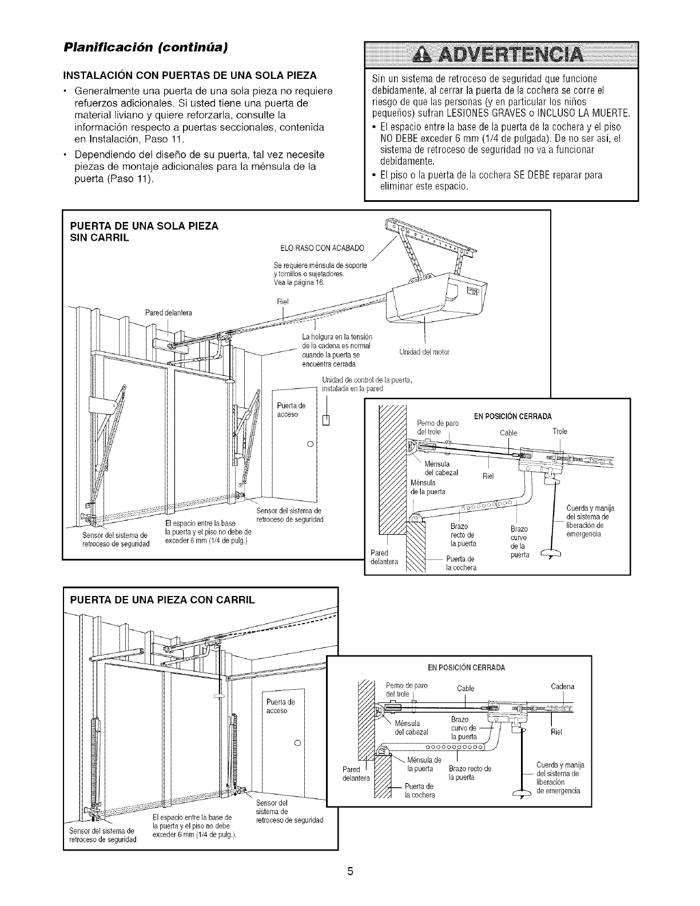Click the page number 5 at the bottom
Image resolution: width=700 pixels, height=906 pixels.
point(350,888)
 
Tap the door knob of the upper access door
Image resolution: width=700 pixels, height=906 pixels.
point(309,444)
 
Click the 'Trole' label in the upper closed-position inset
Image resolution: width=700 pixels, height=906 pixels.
point(560,431)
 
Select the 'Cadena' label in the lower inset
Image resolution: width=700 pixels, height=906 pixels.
point(563,686)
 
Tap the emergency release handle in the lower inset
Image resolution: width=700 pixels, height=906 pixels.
point(522,793)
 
